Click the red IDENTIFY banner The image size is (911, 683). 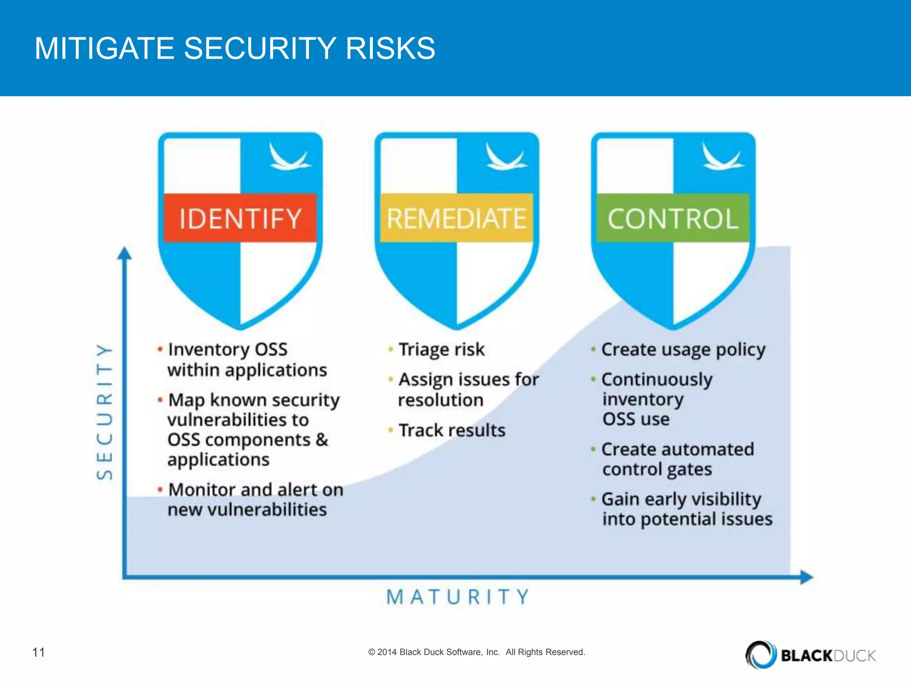(240, 218)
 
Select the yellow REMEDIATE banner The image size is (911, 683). (456, 218)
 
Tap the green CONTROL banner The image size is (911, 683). (673, 218)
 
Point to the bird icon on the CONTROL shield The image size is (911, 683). (721, 157)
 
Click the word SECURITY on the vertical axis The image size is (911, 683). (105, 411)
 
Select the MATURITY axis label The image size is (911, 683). (458, 597)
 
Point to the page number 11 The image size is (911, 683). (39, 652)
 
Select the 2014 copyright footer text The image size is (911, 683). (476, 652)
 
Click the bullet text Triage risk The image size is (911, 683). (441, 350)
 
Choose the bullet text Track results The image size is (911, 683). (452, 430)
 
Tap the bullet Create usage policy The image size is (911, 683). (683, 350)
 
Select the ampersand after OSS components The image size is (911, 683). (322, 440)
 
